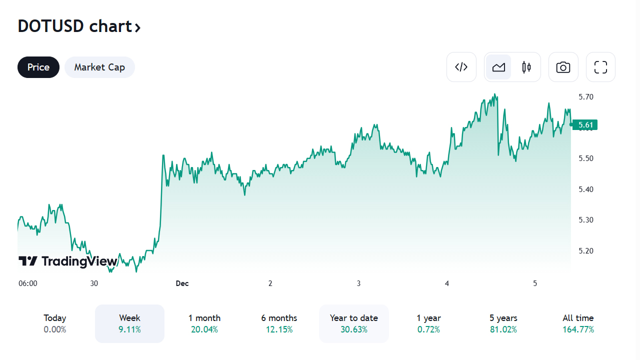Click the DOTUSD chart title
click(x=79, y=26)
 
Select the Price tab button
click(x=38, y=67)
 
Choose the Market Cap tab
click(x=99, y=67)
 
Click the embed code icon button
click(x=461, y=67)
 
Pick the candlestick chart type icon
click(x=526, y=67)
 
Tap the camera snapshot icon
click(x=563, y=67)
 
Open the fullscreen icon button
click(x=600, y=67)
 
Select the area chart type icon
click(x=498, y=67)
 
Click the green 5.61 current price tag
click(x=585, y=125)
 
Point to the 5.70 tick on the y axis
click(x=585, y=97)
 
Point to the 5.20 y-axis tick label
click(x=585, y=251)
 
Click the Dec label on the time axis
click(x=182, y=283)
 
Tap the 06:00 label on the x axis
click(x=28, y=283)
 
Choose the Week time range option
click(x=129, y=323)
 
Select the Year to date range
click(x=354, y=323)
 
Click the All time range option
click(x=578, y=323)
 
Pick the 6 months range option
click(x=279, y=323)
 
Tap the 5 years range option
click(x=503, y=323)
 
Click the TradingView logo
click(x=68, y=261)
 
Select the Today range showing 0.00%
click(x=54, y=323)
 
